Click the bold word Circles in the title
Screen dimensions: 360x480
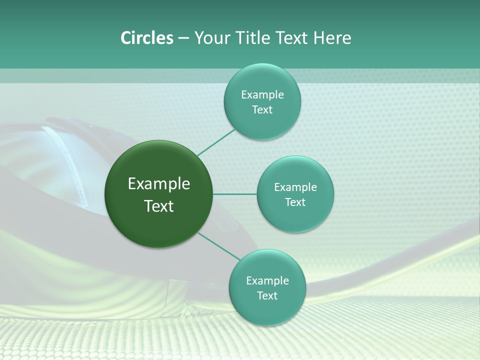click(x=146, y=38)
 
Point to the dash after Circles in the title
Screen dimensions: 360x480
click(x=183, y=38)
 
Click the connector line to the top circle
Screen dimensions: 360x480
click(x=216, y=142)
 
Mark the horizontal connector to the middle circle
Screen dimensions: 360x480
click(x=235, y=194)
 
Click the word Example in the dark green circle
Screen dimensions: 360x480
click(x=159, y=184)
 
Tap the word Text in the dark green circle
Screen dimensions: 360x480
click(x=159, y=206)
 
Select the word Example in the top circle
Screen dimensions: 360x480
click(x=262, y=95)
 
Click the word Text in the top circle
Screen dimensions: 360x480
click(x=262, y=110)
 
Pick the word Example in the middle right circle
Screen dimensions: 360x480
click(x=295, y=187)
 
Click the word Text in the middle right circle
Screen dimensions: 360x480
click(x=295, y=202)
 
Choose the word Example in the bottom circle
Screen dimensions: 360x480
click(x=267, y=281)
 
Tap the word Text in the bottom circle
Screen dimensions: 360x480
click(x=267, y=296)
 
